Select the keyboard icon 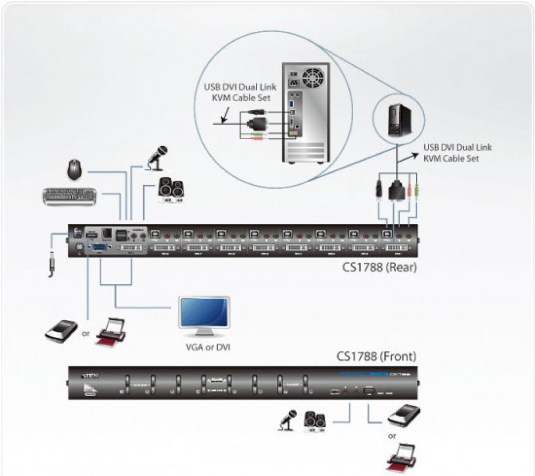pyautogui.click(x=69, y=196)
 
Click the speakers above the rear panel pyautogui.click(x=171, y=191)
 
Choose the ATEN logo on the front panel pyautogui.click(x=89, y=376)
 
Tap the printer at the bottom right pyautogui.click(x=403, y=456)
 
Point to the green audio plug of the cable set pyautogui.click(x=416, y=191)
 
